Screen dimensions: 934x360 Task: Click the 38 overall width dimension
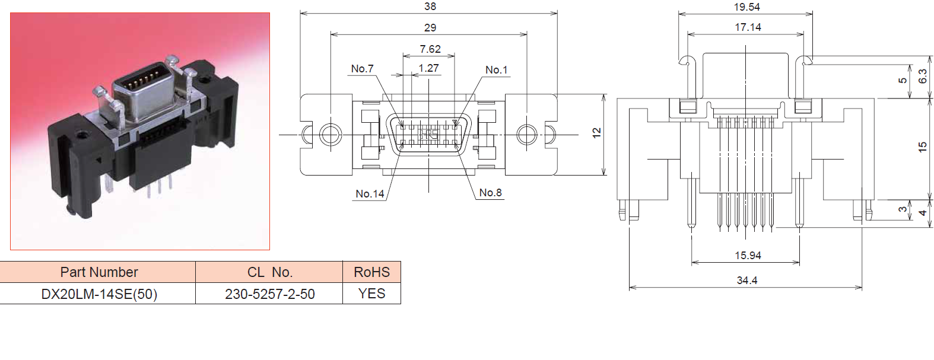(x=430, y=7)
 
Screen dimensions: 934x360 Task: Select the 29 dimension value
(x=430, y=27)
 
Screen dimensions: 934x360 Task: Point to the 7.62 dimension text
(x=430, y=49)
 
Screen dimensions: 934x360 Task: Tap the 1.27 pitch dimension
(x=428, y=68)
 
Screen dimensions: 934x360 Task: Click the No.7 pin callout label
(x=362, y=69)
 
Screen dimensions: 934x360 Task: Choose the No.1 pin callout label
(x=496, y=70)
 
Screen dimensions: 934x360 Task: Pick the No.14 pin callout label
(x=370, y=194)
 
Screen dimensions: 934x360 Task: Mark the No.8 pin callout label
(x=490, y=193)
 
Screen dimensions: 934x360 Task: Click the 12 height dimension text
(x=596, y=133)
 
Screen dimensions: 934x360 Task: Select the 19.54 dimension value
(x=746, y=7)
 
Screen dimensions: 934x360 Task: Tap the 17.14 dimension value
(x=748, y=27)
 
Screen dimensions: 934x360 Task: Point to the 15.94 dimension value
(x=748, y=256)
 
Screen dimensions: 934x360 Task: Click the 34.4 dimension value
(x=746, y=281)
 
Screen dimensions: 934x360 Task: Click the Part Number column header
(x=99, y=272)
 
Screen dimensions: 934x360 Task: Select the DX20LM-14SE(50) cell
(x=99, y=294)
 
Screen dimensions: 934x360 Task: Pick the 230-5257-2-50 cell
(x=270, y=294)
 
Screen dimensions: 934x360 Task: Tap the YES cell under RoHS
(x=371, y=294)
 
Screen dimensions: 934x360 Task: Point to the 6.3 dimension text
(x=922, y=77)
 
